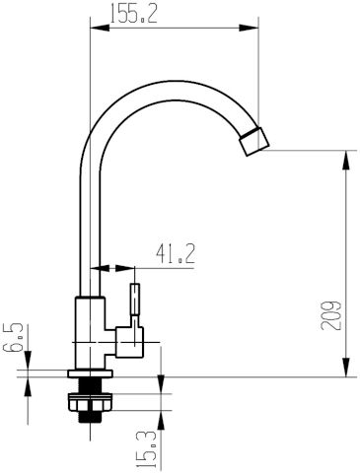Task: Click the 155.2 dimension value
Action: [x=133, y=13]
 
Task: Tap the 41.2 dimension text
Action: [x=176, y=254]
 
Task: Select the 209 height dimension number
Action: [x=331, y=315]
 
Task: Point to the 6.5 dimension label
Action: [x=13, y=337]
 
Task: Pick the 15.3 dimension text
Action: [x=146, y=450]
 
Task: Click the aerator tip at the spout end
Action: [x=254, y=141]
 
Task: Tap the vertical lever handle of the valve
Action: [x=135, y=300]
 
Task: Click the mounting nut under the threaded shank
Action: [x=91, y=402]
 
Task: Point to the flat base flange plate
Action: [x=90, y=373]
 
